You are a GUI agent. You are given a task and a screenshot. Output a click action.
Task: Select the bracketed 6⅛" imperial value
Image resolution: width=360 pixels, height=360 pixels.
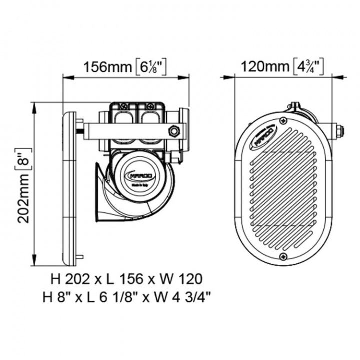(x=150, y=67)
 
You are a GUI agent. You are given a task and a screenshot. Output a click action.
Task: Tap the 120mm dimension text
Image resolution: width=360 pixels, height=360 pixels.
(x=264, y=66)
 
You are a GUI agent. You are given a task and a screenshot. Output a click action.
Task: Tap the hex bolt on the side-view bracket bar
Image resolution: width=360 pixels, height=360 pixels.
(x=174, y=131)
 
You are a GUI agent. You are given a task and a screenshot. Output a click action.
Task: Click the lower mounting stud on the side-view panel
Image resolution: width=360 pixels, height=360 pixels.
(x=79, y=257)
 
